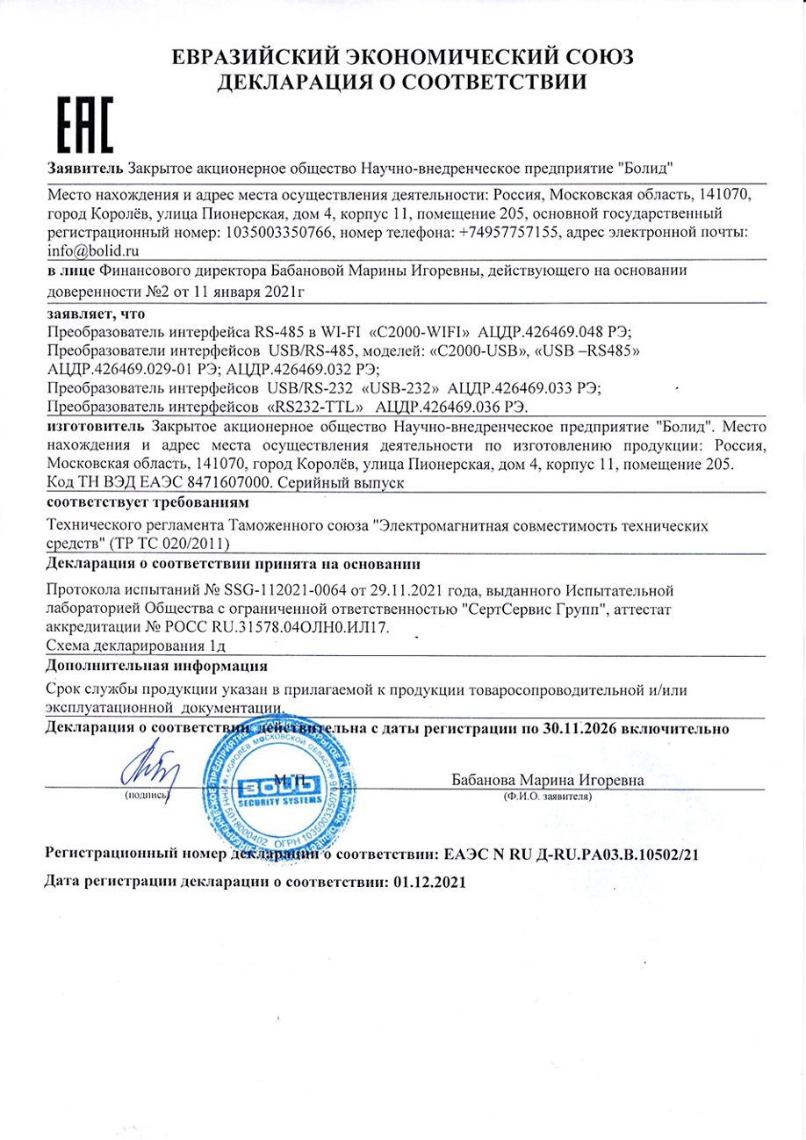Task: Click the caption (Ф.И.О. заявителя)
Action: (x=548, y=797)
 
